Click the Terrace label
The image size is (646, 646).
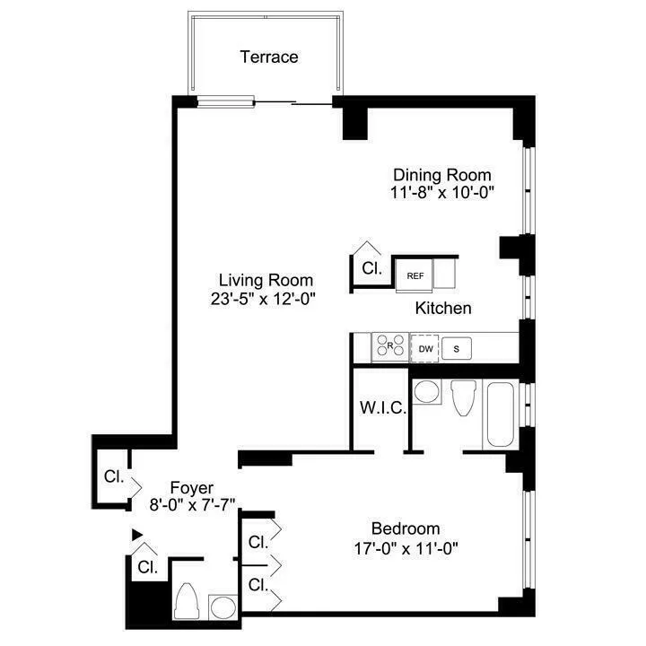coord(269,57)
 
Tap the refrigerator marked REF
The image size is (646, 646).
coord(415,275)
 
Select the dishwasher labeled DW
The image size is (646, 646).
coord(425,348)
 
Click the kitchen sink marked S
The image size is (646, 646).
coord(456,348)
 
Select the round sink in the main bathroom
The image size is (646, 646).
coord(427,393)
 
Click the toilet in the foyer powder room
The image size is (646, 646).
coord(189,602)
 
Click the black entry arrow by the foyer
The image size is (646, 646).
coord(137,535)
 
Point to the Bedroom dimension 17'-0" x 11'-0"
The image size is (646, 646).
coord(406,546)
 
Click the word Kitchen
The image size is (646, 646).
coord(443,308)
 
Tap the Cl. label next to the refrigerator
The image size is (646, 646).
coord(371,267)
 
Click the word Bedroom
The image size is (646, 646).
coord(406,528)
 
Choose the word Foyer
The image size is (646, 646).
coord(192,487)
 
